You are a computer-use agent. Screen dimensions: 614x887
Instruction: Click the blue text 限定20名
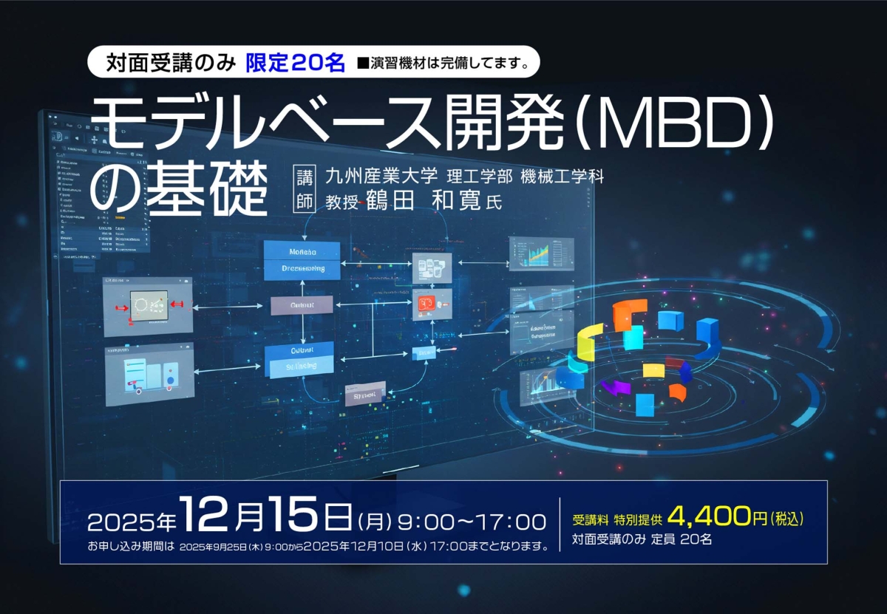click(x=296, y=63)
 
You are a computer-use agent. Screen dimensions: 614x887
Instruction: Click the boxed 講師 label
click(x=305, y=189)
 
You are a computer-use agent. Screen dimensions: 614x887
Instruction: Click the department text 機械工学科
click(x=572, y=177)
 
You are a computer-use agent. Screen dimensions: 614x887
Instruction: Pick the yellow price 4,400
click(x=709, y=516)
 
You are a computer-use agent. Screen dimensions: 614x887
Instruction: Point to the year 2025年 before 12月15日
click(x=132, y=522)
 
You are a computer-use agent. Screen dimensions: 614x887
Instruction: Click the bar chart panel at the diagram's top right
click(x=541, y=254)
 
